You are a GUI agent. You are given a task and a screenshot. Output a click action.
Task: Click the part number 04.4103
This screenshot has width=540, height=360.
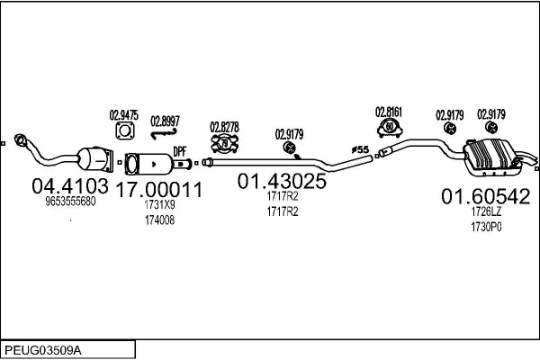click(70, 186)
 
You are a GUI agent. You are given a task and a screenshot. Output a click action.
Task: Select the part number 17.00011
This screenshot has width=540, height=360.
click(158, 190)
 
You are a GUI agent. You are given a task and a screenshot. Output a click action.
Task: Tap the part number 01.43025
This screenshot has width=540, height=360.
click(282, 181)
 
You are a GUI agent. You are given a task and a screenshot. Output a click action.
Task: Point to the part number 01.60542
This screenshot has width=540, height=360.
click(486, 197)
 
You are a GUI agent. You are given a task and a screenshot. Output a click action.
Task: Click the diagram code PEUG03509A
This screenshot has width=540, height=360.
click(43, 351)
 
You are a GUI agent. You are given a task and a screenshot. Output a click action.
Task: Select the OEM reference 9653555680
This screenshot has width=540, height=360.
click(70, 202)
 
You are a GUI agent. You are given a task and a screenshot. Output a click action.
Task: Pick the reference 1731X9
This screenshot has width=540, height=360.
click(159, 204)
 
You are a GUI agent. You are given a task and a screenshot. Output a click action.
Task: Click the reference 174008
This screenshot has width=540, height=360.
click(159, 220)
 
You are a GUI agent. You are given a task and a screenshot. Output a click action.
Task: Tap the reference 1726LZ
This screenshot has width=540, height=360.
click(486, 211)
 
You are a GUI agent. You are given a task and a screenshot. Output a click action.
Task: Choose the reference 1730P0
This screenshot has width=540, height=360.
click(486, 227)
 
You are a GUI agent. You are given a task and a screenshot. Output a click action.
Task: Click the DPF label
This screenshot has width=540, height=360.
click(179, 151)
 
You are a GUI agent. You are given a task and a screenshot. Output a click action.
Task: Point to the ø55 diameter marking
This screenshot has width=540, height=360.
click(360, 149)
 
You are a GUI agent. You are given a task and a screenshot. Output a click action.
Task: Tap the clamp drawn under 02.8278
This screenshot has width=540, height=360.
click(224, 143)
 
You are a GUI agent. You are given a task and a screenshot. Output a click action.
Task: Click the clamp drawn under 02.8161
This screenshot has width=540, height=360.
click(390, 128)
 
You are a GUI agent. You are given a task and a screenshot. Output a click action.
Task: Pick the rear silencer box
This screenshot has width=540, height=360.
click(491, 157)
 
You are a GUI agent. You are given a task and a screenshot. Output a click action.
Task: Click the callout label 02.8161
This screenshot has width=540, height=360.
click(389, 112)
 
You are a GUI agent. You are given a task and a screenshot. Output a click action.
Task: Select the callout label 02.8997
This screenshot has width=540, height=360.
click(165, 121)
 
